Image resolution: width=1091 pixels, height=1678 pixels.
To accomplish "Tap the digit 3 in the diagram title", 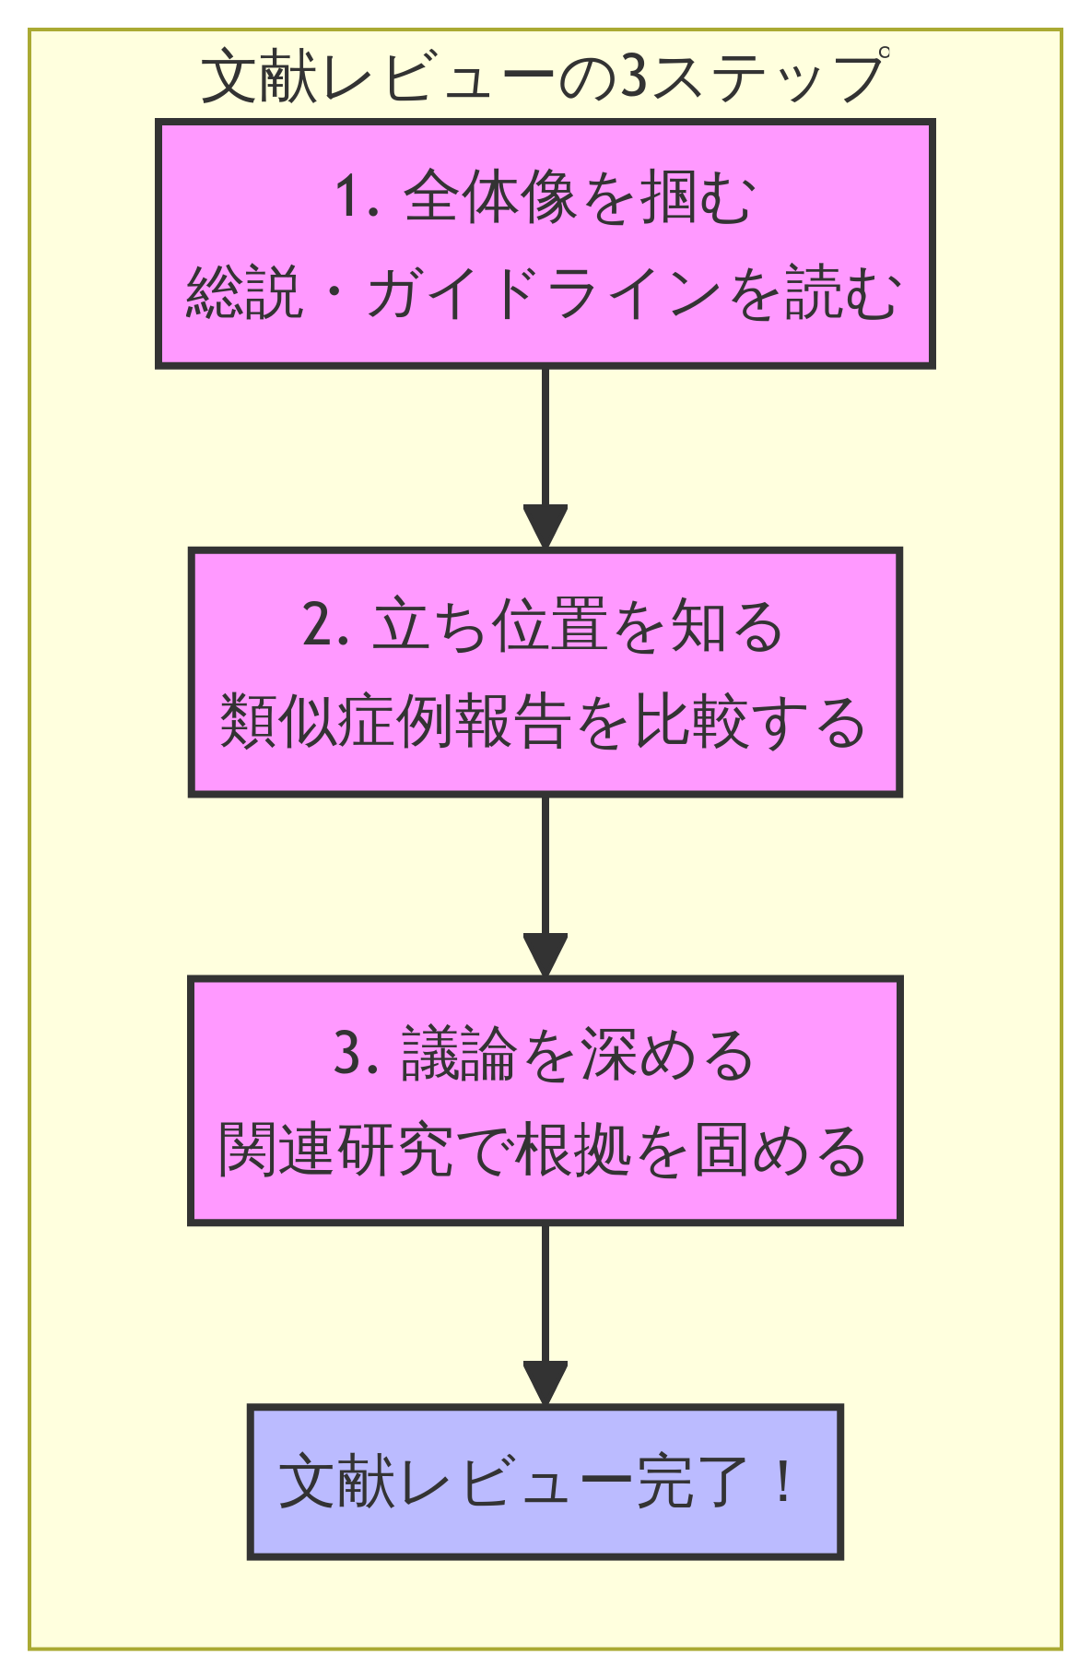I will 634,77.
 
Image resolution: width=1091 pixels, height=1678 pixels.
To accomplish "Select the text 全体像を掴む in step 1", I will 581,197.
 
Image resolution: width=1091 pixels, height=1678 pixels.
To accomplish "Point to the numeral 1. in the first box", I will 358,197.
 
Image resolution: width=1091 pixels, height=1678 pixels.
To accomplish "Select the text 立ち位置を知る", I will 579,626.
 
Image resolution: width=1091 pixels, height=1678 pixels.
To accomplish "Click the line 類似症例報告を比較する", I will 544,722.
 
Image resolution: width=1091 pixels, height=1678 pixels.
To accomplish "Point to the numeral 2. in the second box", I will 325,626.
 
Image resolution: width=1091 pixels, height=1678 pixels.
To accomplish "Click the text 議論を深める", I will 579,1055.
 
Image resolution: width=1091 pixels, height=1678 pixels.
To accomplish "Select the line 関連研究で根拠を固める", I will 544,1151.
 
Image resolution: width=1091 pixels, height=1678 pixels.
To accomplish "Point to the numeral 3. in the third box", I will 358,1055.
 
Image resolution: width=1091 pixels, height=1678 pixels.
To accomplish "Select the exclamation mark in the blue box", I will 783,1482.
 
